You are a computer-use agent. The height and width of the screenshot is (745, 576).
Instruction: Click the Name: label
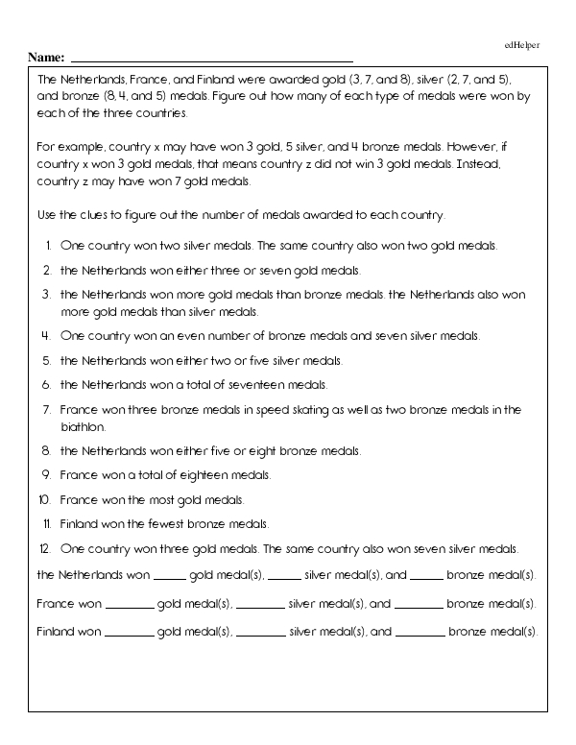point(47,58)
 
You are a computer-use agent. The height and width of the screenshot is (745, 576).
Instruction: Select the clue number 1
point(48,246)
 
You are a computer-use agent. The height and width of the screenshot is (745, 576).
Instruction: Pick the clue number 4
point(46,336)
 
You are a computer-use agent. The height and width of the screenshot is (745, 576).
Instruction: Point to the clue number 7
point(47,409)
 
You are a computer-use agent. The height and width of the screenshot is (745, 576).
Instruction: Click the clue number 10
point(44,500)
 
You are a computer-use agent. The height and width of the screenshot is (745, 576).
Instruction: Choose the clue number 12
point(44,548)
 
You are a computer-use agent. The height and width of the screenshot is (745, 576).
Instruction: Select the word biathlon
point(81,425)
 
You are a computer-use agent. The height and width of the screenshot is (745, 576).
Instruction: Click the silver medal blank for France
point(259,606)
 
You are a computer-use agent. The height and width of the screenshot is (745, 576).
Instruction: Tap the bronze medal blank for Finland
point(420,635)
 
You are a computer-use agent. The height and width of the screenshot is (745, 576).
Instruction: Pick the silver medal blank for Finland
point(260,635)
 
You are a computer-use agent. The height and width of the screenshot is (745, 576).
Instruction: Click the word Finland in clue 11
point(78,524)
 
